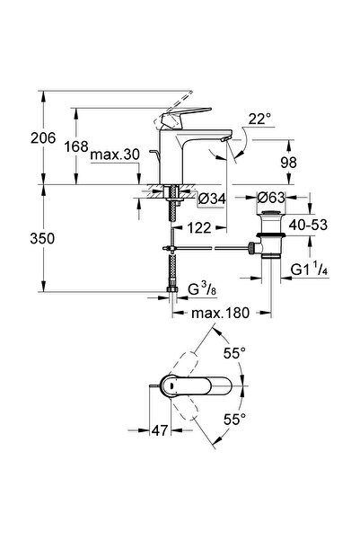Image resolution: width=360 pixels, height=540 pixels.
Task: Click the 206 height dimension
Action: [x=43, y=138]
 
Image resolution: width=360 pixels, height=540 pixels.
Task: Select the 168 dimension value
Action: [x=76, y=146]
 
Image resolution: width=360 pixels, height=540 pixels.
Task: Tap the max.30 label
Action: [x=115, y=155]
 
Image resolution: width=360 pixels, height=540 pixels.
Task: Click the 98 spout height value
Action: [x=288, y=163]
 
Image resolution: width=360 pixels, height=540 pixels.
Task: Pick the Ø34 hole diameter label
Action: [x=213, y=199]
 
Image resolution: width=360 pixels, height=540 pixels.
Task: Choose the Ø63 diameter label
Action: [x=271, y=198]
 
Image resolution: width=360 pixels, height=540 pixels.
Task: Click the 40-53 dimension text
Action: [x=308, y=225]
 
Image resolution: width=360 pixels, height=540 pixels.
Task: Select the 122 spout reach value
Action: [x=199, y=227]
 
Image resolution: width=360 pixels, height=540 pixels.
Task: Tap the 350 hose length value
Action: [x=42, y=238]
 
